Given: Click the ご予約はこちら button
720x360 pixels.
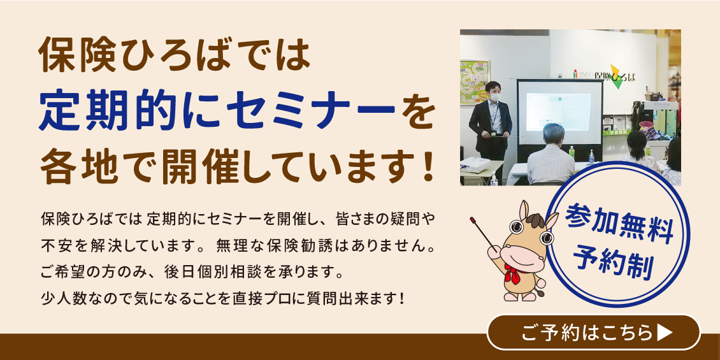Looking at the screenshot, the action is click(x=593, y=333).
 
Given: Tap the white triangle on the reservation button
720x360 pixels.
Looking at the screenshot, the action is click(x=665, y=333).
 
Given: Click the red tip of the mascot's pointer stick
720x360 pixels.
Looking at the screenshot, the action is click(x=473, y=219).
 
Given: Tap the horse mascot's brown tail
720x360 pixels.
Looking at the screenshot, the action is click(x=540, y=292).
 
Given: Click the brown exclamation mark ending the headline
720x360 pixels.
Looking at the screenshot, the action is click(x=427, y=168).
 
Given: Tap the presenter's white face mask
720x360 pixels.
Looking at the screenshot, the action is click(x=494, y=98).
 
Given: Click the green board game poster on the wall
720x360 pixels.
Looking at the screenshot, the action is click(x=475, y=82).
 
